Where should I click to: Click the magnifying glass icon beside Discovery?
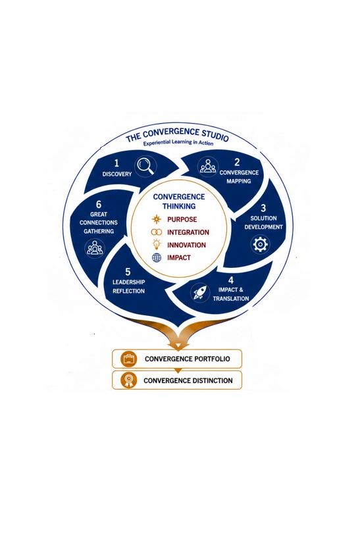click(x=145, y=166)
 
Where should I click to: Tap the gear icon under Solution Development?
click(x=260, y=244)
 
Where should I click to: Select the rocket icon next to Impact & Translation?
click(x=199, y=292)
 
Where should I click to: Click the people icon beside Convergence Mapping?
click(x=208, y=166)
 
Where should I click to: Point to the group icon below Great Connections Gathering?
click(x=95, y=247)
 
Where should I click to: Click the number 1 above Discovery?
click(x=116, y=163)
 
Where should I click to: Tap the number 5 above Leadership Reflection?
click(x=128, y=272)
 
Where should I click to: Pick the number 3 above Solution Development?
click(x=263, y=208)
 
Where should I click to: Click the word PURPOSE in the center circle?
click(x=182, y=220)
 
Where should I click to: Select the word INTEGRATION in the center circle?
click(x=188, y=232)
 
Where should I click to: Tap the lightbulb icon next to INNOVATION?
click(x=157, y=244)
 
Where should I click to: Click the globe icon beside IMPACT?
click(x=157, y=257)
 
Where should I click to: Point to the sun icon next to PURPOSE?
click(x=157, y=219)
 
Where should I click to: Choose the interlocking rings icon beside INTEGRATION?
click(x=157, y=232)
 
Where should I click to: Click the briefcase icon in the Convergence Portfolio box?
click(x=129, y=359)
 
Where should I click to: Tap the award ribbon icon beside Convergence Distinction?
click(x=129, y=380)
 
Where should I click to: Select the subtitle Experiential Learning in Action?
click(x=178, y=142)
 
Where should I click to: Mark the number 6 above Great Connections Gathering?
click(x=99, y=205)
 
